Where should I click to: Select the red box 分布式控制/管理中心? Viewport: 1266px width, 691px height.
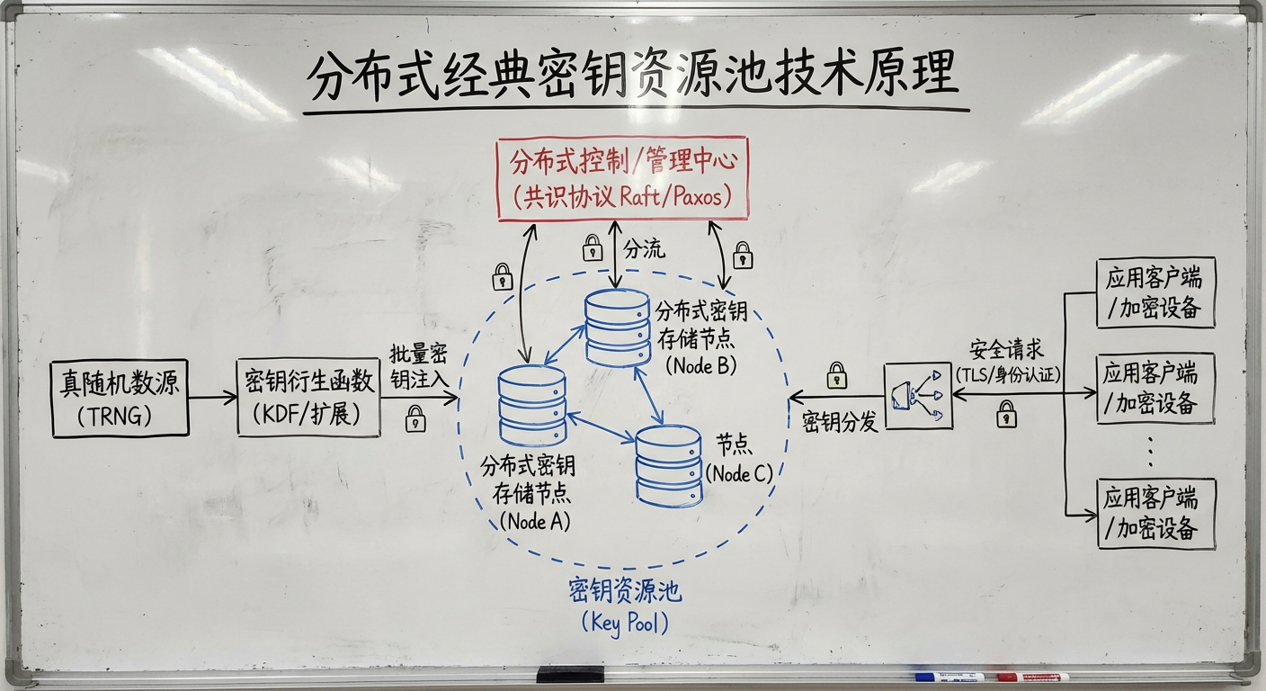[x=622, y=179]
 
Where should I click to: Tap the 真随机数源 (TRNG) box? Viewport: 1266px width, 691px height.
[x=120, y=398]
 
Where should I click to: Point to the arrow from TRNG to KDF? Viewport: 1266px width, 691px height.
[x=213, y=398]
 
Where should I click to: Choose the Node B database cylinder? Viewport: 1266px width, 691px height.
[x=617, y=328]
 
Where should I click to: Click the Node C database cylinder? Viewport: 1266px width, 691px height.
[x=668, y=465]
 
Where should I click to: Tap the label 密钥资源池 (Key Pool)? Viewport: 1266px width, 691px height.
[x=625, y=606]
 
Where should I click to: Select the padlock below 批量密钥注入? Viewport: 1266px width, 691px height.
[x=415, y=418]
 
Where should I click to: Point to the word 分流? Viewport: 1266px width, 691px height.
[x=644, y=249]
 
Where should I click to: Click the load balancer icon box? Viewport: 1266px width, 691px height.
[x=918, y=396]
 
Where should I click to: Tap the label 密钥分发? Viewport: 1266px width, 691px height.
[x=840, y=421]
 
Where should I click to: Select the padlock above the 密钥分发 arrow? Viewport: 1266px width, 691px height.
[x=837, y=374]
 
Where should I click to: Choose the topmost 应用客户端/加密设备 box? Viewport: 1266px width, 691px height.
[x=1155, y=292]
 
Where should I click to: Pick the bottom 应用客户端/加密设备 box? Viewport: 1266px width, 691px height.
[x=1155, y=514]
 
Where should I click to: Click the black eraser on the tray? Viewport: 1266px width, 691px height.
[x=570, y=674]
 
